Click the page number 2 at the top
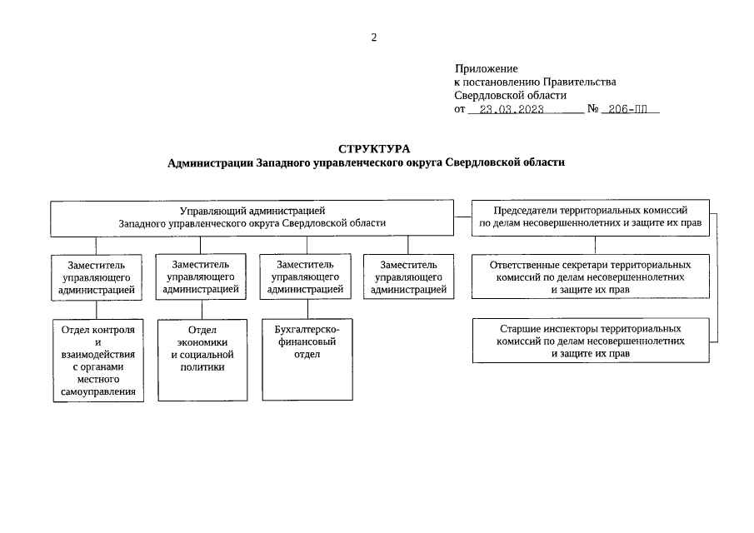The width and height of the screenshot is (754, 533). coord(374,37)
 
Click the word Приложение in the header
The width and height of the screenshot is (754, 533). coord(487,68)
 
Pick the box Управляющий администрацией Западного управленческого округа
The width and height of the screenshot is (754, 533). coord(252,217)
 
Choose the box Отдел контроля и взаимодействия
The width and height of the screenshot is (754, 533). coord(97,360)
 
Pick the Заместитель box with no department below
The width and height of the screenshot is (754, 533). coord(408,276)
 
